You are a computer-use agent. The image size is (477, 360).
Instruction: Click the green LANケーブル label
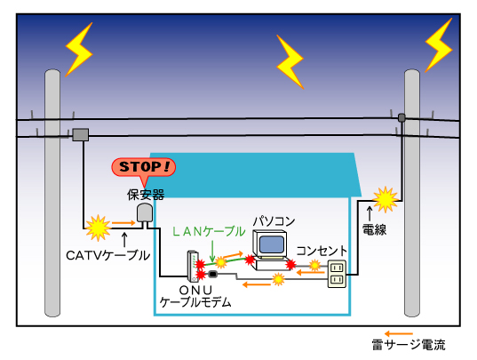coord(208,231)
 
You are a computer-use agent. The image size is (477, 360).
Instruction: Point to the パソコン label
coord(273,220)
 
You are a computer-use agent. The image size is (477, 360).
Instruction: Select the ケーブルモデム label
coord(195,302)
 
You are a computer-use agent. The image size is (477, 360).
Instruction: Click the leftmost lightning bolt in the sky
coord(79,47)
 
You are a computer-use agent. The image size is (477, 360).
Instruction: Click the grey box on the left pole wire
coord(81,134)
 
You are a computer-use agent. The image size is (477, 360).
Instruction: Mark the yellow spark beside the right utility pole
coord(385,199)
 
